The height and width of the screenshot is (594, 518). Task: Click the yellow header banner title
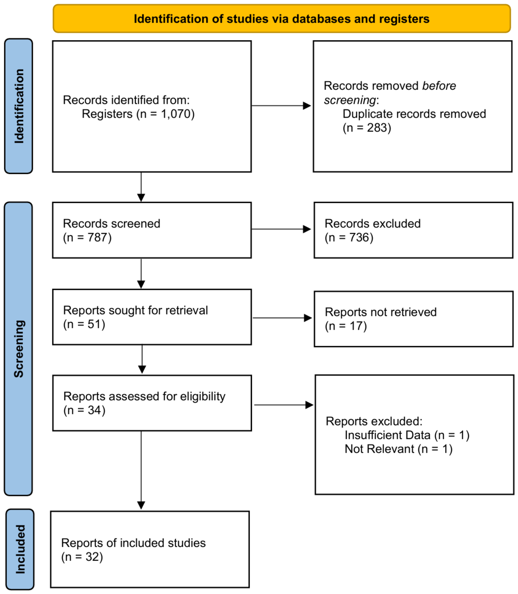click(x=281, y=19)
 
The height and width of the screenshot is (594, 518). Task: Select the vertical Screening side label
click(x=19, y=348)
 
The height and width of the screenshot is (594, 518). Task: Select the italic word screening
click(x=350, y=100)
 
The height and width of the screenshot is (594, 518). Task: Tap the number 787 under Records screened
click(x=97, y=238)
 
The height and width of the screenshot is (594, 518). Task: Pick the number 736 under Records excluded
click(x=359, y=238)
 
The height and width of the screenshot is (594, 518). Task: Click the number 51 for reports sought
click(x=94, y=324)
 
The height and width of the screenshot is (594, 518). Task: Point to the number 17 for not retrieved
click(x=356, y=326)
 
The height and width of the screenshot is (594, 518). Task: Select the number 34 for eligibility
click(x=94, y=410)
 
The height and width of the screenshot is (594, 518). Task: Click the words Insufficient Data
click(x=387, y=435)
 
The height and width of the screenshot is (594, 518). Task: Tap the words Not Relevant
click(x=379, y=449)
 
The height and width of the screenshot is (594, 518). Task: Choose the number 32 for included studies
click(x=92, y=557)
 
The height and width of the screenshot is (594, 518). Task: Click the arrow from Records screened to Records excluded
click(x=281, y=229)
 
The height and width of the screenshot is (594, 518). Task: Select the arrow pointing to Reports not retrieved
click(x=282, y=318)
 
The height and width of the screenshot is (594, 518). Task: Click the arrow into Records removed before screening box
click(x=281, y=106)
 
